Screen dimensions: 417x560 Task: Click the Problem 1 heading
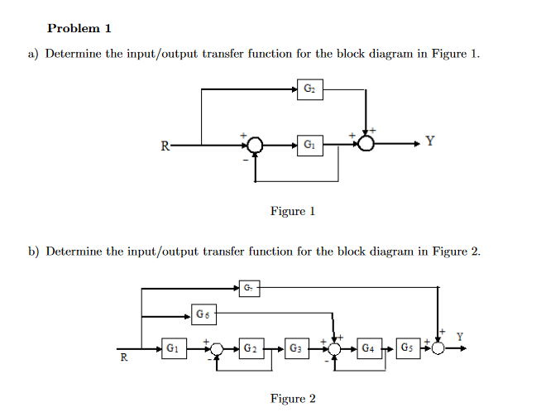pos(79,28)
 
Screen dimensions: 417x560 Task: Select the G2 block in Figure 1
pos(309,89)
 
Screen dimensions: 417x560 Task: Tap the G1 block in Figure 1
pos(309,144)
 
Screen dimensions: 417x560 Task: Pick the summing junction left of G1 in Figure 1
pos(256,145)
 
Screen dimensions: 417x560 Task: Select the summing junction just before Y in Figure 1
pos(366,144)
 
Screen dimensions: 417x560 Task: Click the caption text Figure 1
pos(293,211)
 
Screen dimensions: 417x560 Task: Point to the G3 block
pos(296,348)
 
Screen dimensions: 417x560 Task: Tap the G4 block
pos(370,348)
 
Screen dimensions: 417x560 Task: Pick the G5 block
pos(408,348)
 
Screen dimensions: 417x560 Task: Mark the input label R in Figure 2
pos(124,358)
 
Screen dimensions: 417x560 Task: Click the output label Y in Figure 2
pos(460,335)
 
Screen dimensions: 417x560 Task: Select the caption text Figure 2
pos(293,399)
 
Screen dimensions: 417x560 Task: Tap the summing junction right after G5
pos(438,348)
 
